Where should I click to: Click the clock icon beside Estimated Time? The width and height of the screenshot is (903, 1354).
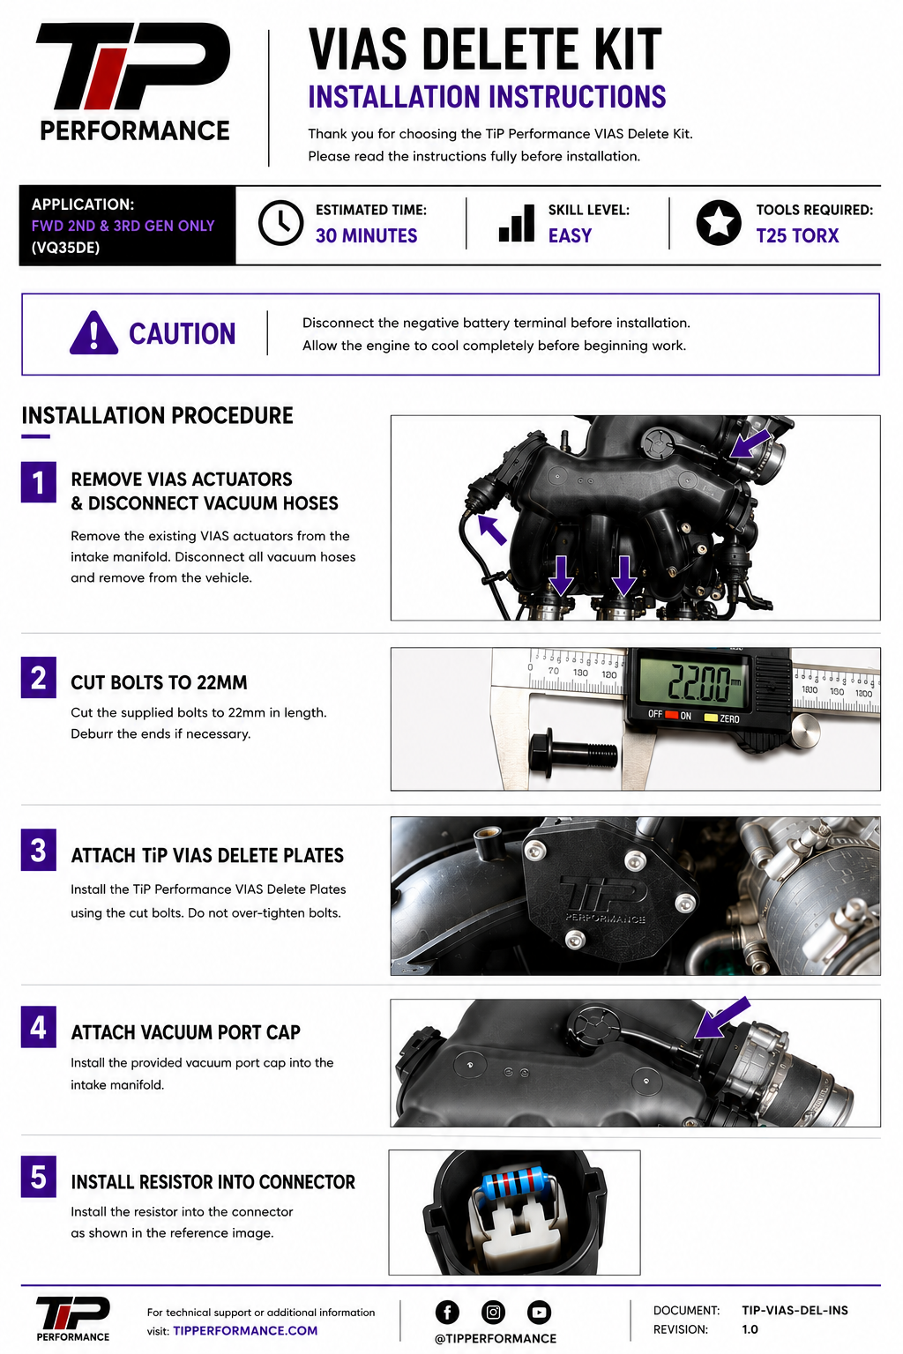(x=280, y=223)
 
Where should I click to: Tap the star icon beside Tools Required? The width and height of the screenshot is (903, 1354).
(x=719, y=223)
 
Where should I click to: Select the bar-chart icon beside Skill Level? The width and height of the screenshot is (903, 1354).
(x=517, y=223)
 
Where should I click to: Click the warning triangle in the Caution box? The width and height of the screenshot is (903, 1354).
(x=93, y=333)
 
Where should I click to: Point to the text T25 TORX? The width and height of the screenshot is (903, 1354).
(x=797, y=235)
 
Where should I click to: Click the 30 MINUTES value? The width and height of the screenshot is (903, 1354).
(x=367, y=235)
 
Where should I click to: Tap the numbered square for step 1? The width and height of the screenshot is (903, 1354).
(x=39, y=482)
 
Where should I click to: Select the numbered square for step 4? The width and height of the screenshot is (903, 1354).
(x=39, y=1026)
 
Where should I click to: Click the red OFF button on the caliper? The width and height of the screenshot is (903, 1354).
(x=671, y=715)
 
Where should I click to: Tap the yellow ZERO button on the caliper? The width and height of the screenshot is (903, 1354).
(x=711, y=718)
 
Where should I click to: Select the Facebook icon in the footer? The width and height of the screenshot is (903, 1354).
(x=448, y=1313)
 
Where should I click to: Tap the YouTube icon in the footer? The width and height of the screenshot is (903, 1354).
(x=539, y=1313)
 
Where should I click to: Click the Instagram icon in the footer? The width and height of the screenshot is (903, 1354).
(x=493, y=1313)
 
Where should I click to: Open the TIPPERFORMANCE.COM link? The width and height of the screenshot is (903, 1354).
(x=245, y=1330)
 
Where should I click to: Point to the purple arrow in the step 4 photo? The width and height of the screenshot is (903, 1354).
(x=722, y=1018)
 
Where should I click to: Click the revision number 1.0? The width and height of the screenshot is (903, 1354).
(x=750, y=1329)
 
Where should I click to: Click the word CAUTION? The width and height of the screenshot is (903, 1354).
(x=182, y=334)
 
